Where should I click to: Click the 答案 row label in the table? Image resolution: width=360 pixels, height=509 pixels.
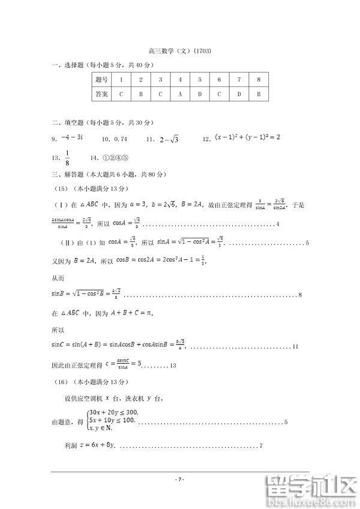[x=101, y=94]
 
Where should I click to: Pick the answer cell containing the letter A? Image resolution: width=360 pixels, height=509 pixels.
[x=180, y=94]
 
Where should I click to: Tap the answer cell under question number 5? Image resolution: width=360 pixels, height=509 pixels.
[x=200, y=94]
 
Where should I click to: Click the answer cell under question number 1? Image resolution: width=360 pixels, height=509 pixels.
[x=121, y=94]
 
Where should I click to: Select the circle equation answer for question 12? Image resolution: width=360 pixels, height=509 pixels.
[x=248, y=138]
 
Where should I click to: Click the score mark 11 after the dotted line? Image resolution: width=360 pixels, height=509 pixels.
[x=296, y=346]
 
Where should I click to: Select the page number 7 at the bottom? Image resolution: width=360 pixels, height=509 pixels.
[x=179, y=479]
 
